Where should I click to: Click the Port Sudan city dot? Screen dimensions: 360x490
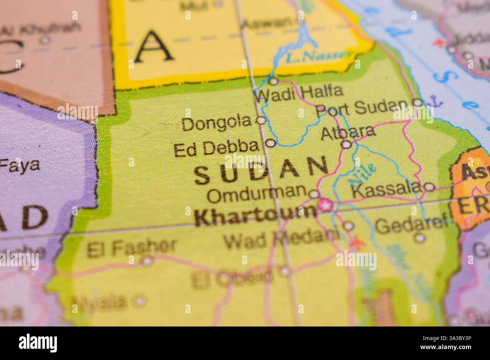[418, 102]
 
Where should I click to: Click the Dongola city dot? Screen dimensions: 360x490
[261, 121]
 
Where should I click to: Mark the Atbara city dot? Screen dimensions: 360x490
[347, 144]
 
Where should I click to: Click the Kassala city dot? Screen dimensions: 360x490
[429, 187]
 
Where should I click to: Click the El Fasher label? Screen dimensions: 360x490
[132, 247]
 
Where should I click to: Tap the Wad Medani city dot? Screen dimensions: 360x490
[349, 226]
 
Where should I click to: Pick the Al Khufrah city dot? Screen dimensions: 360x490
[45, 40]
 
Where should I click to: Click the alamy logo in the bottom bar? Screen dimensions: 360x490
[38, 343]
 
